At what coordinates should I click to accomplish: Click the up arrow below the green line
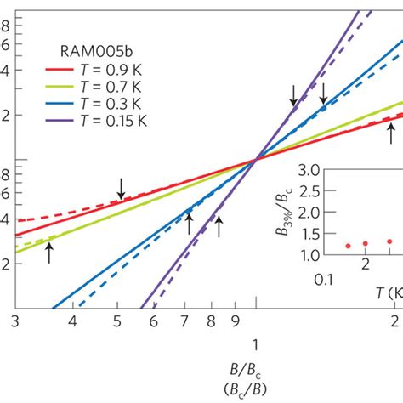(49, 252)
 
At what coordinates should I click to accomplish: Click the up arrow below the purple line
(219, 225)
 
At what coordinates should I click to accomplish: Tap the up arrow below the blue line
(189, 223)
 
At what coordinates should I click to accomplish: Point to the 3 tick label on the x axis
(15, 321)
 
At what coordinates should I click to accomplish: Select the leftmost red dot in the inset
(348, 246)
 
